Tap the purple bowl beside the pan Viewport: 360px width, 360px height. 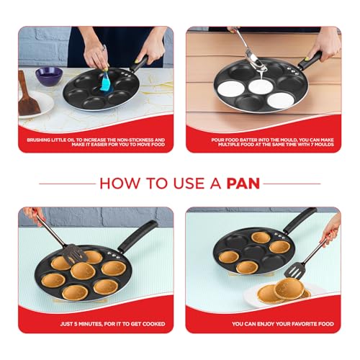coord(49,76)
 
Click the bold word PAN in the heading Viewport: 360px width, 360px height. coord(243,184)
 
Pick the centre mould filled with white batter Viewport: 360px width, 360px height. coord(261,86)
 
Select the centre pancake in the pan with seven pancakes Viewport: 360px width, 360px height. coord(83,271)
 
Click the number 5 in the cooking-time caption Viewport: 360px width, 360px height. coord(76,324)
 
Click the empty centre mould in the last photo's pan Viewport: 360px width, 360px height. coord(254,251)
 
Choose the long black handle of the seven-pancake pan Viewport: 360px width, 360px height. coord(138,235)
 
